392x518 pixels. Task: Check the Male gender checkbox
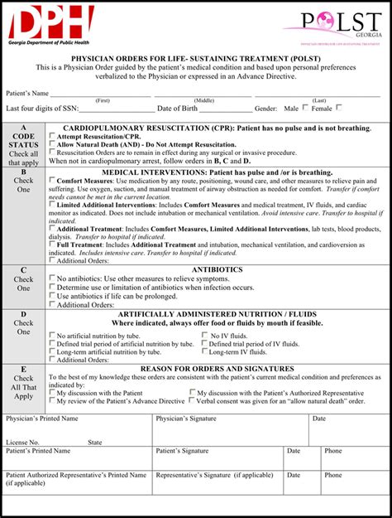(305, 108)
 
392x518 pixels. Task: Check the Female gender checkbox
(338, 108)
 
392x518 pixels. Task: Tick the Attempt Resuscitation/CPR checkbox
(53, 136)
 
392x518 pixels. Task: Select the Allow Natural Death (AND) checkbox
(53, 144)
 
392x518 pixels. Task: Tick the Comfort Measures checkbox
(53, 181)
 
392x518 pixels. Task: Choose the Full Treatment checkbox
(53, 244)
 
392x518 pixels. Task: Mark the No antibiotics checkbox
(53, 278)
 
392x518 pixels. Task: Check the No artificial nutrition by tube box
(53, 336)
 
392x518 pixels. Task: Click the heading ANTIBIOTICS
(217, 269)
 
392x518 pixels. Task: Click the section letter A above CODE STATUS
(24, 128)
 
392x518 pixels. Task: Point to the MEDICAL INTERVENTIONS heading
(217, 172)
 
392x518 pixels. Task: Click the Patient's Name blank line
(207, 94)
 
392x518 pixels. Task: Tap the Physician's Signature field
(232, 429)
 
